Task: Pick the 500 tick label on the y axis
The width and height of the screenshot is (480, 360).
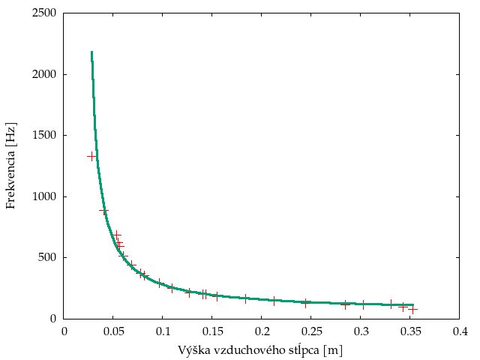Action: coord(49,258)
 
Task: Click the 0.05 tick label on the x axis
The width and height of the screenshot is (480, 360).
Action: coord(113,331)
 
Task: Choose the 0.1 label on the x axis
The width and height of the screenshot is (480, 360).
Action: coord(163,331)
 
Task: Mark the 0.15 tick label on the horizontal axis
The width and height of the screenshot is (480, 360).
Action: coord(212,331)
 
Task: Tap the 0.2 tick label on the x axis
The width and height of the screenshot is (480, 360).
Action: coord(262,331)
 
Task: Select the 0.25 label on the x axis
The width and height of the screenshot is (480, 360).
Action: coord(311,331)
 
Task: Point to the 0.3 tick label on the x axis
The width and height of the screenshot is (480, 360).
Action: coord(361,331)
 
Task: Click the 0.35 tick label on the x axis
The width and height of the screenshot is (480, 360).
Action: coord(410,331)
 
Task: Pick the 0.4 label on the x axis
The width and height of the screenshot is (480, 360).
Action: coord(460,331)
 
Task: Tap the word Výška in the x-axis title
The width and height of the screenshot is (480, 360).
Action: coord(192,350)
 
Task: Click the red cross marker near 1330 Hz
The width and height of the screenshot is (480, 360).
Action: coord(92,156)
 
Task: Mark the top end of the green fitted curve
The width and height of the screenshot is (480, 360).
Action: coord(91,52)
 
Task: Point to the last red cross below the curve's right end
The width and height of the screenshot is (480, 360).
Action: coord(412,309)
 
